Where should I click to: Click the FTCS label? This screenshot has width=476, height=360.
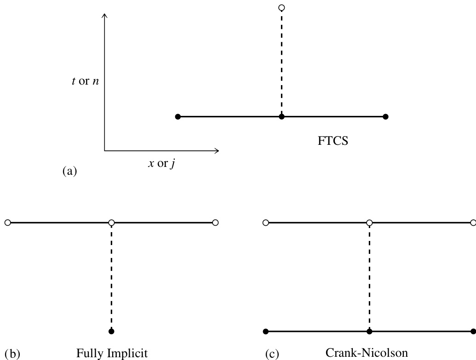pyautogui.click(x=333, y=141)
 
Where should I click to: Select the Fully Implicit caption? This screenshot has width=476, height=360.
pyautogui.click(x=112, y=353)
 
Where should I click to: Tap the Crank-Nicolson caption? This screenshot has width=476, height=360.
pyautogui.click(x=367, y=353)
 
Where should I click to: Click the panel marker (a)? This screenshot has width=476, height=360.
pyautogui.click(x=69, y=171)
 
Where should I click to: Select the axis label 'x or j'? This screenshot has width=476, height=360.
pyautogui.click(x=161, y=164)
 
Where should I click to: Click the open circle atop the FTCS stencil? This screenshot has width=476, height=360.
pyautogui.click(x=282, y=8)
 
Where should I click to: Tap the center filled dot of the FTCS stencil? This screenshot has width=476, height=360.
pyautogui.click(x=282, y=117)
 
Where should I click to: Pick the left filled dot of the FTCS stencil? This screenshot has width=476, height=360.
pyautogui.click(x=178, y=117)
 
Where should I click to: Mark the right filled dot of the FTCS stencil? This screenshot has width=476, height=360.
pyautogui.click(x=385, y=117)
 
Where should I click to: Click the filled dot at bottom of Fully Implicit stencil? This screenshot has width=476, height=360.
pyautogui.click(x=111, y=331)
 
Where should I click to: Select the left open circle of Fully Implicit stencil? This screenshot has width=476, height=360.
pyautogui.click(x=7, y=223)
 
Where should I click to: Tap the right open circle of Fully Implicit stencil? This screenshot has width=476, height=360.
pyautogui.click(x=215, y=223)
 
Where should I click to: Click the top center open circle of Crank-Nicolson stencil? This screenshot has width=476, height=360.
pyautogui.click(x=369, y=223)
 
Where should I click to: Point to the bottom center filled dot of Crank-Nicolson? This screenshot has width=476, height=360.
pyautogui.click(x=369, y=331)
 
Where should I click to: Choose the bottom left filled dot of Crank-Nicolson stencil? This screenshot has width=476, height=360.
pyautogui.click(x=265, y=331)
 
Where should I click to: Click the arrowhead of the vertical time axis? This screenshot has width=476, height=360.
pyautogui.click(x=104, y=15)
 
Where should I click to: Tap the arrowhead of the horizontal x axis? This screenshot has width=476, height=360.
pyautogui.click(x=217, y=150)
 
